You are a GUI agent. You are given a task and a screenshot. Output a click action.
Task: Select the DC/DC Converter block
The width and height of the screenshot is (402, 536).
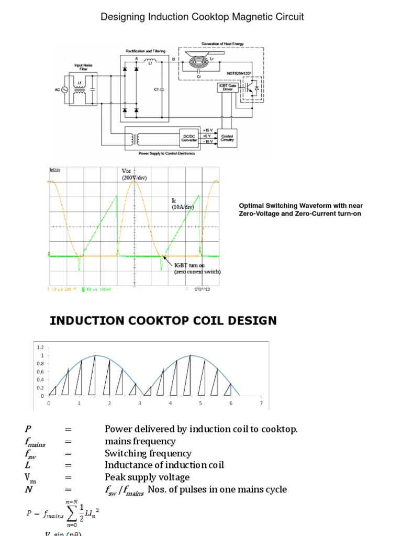187,137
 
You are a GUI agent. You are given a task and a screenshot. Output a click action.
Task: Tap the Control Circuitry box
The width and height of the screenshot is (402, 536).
228,138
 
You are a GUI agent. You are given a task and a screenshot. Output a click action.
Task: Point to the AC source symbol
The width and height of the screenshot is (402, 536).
66,90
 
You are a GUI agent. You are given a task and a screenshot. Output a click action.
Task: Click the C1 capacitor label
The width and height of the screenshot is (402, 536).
156,90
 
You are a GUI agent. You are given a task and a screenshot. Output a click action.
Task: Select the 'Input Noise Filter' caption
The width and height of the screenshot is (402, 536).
83,68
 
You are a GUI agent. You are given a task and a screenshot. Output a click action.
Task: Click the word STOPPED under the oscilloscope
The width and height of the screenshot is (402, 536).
202,289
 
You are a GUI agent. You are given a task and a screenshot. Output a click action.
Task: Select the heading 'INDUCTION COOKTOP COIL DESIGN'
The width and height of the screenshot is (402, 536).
163,320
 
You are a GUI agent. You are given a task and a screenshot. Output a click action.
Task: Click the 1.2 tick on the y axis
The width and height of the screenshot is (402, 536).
40,347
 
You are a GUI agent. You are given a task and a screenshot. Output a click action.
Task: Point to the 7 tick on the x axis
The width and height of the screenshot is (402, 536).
261,404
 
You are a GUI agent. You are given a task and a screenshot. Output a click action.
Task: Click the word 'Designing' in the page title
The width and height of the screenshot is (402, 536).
121,17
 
